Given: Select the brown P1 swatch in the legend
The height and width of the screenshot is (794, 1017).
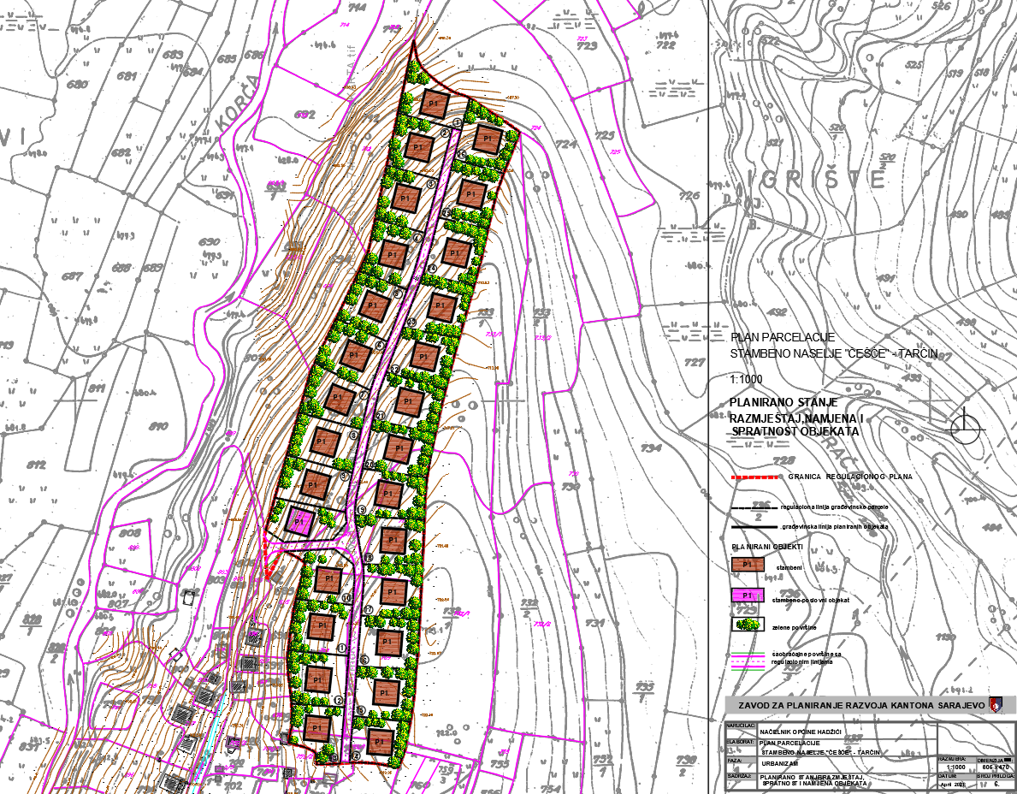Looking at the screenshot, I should (x=747, y=566).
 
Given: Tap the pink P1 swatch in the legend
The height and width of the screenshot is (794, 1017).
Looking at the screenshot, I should (x=747, y=595).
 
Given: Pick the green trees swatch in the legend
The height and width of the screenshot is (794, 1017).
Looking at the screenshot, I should (x=747, y=624).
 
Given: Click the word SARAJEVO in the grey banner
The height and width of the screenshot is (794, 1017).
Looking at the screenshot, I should (x=956, y=705).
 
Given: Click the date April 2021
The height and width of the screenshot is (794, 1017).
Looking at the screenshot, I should (x=954, y=784).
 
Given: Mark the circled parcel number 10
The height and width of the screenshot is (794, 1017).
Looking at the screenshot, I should (x=346, y=597).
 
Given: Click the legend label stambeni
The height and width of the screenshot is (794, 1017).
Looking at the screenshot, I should (x=789, y=566).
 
